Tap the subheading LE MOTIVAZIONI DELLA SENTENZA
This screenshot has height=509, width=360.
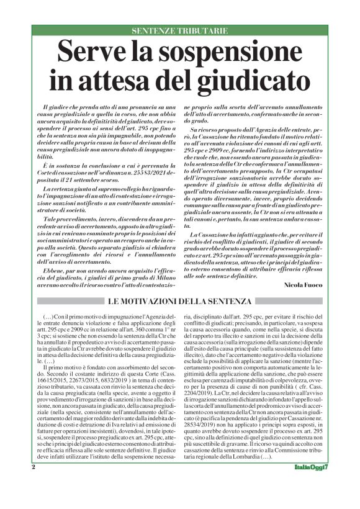pos(180,301)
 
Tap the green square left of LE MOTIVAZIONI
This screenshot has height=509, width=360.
pos(101,301)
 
